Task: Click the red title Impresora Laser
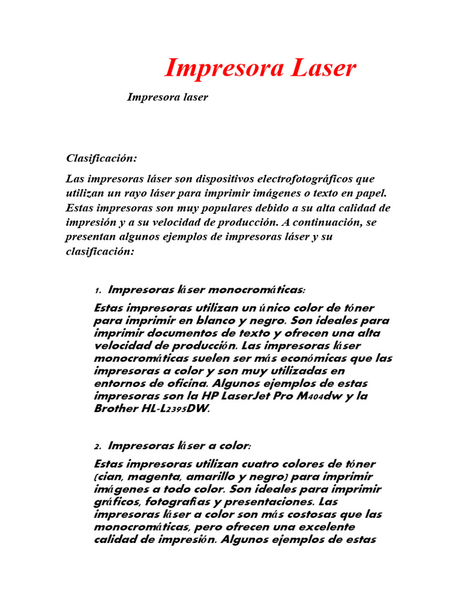click(260, 68)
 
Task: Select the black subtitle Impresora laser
click(167, 97)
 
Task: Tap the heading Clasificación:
click(101, 159)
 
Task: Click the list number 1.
click(97, 291)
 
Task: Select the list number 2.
click(97, 447)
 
